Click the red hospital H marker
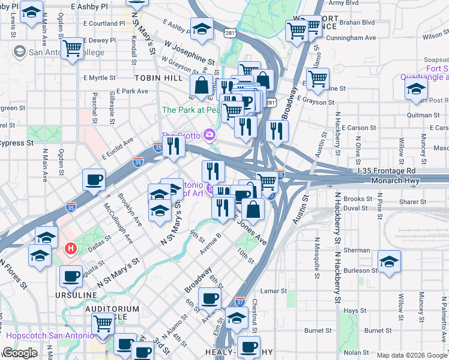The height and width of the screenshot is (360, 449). (71, 247)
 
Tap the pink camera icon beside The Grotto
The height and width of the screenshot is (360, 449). (209, 134)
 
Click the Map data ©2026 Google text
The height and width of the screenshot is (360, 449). (411, 355)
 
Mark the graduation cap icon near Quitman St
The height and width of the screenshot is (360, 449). (415, 90)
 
